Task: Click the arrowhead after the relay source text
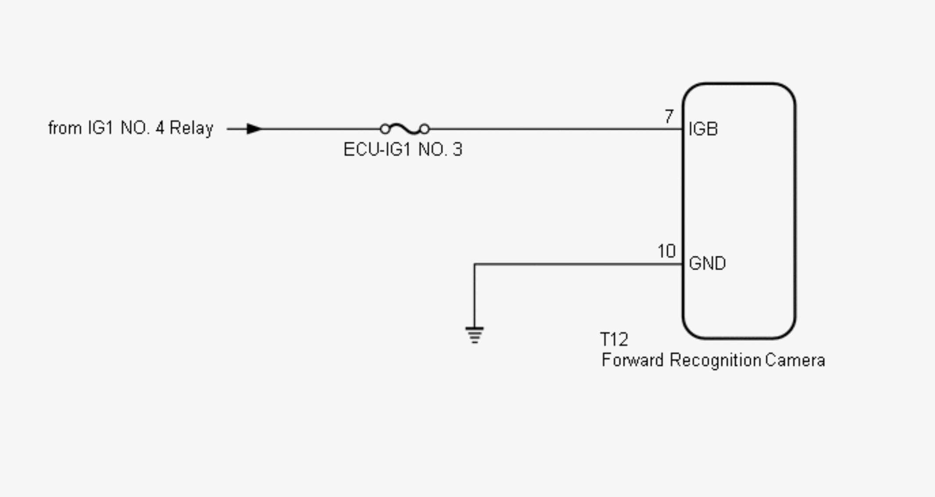254,129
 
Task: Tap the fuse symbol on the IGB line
405,129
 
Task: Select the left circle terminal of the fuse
385,129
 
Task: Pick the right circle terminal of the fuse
424,129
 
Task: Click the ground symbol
475,335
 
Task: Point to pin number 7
669,116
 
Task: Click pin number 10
666,251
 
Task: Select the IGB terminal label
703,129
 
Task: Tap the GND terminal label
707,264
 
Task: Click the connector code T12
614,340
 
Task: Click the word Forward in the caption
633,361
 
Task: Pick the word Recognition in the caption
716,361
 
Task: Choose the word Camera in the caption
795,361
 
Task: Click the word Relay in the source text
191,128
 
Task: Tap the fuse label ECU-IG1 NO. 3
403,150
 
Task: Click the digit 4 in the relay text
160,128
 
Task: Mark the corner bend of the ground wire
475,264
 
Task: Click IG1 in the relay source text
101,128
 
